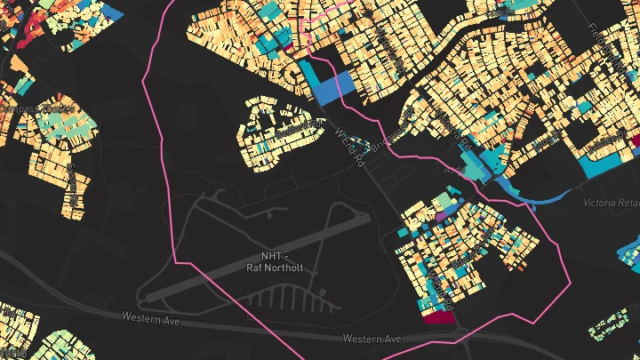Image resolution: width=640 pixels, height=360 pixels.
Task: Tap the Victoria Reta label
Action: pos(611,204)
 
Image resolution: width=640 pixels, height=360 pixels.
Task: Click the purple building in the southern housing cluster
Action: pos(440,215)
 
